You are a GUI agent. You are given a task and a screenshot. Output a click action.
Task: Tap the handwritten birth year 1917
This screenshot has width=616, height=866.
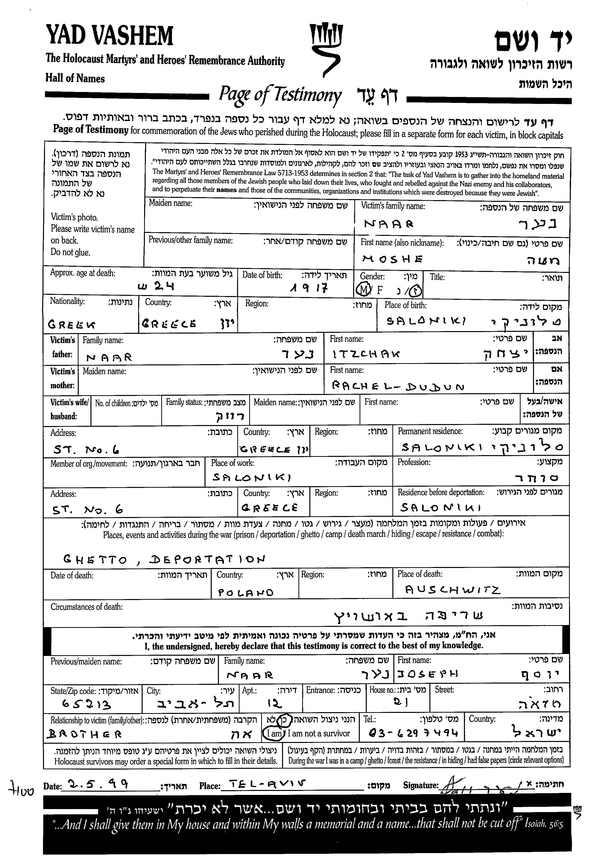(308, 289)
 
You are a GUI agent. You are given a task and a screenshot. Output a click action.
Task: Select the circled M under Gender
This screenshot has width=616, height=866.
(363, 290)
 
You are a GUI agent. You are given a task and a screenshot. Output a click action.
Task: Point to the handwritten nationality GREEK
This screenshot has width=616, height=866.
(72, 325)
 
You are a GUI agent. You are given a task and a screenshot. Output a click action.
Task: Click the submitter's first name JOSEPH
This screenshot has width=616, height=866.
(427, 674)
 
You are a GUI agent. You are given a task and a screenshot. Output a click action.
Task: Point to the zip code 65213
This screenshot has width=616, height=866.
(86, 705)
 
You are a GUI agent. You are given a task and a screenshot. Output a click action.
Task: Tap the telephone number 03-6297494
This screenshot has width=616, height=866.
(414, 733)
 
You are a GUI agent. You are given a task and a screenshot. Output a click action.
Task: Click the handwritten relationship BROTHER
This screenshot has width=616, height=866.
(84, 734)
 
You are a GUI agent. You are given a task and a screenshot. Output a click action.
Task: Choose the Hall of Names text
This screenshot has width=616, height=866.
(75, 79)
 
